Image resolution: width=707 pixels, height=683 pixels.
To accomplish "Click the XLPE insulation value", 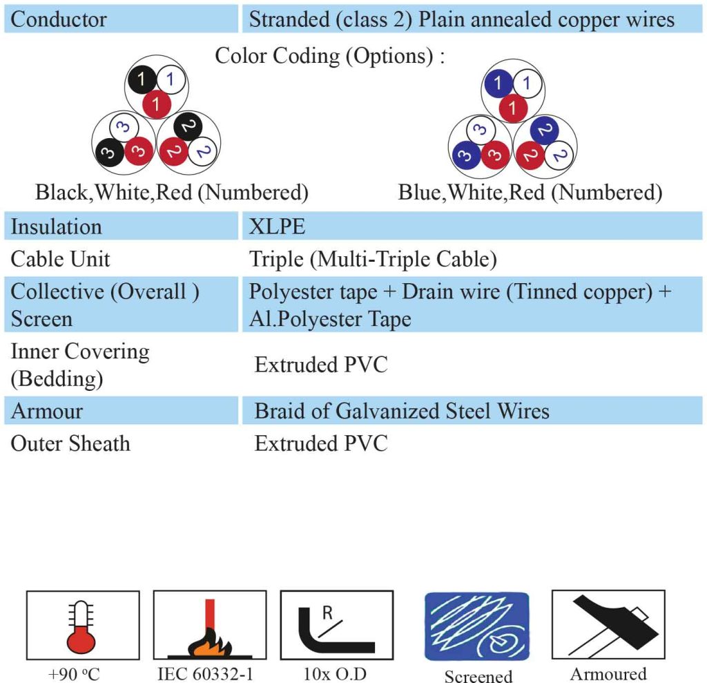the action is (277, 227).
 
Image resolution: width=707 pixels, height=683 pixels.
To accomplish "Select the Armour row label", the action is (47, 411).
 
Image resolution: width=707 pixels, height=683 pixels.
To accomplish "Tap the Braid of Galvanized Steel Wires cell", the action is (402, 411).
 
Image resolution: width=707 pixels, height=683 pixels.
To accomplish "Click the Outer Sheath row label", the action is (70, 443).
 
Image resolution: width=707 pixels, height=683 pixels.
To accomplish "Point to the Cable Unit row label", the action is (61, 259).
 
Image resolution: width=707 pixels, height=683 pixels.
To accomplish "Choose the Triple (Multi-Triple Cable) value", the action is (373, 260).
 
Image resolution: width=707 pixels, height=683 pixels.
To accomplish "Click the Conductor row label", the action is (59, 19).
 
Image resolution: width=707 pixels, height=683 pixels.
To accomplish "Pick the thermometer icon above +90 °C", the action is (81, 626).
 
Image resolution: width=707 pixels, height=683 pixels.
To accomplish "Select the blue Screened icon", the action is (476, 626).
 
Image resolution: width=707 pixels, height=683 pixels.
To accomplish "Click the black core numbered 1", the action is (142, 79).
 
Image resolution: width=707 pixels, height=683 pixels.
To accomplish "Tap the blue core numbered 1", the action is (498, 83).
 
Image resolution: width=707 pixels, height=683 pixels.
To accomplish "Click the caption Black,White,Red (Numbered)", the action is (172, 193).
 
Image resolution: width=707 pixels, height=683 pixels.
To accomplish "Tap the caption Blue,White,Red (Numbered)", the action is (530, 193).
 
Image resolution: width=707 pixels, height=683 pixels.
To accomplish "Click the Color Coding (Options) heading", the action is (329, 57).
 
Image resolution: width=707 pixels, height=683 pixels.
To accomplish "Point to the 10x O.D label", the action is (335, 674).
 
